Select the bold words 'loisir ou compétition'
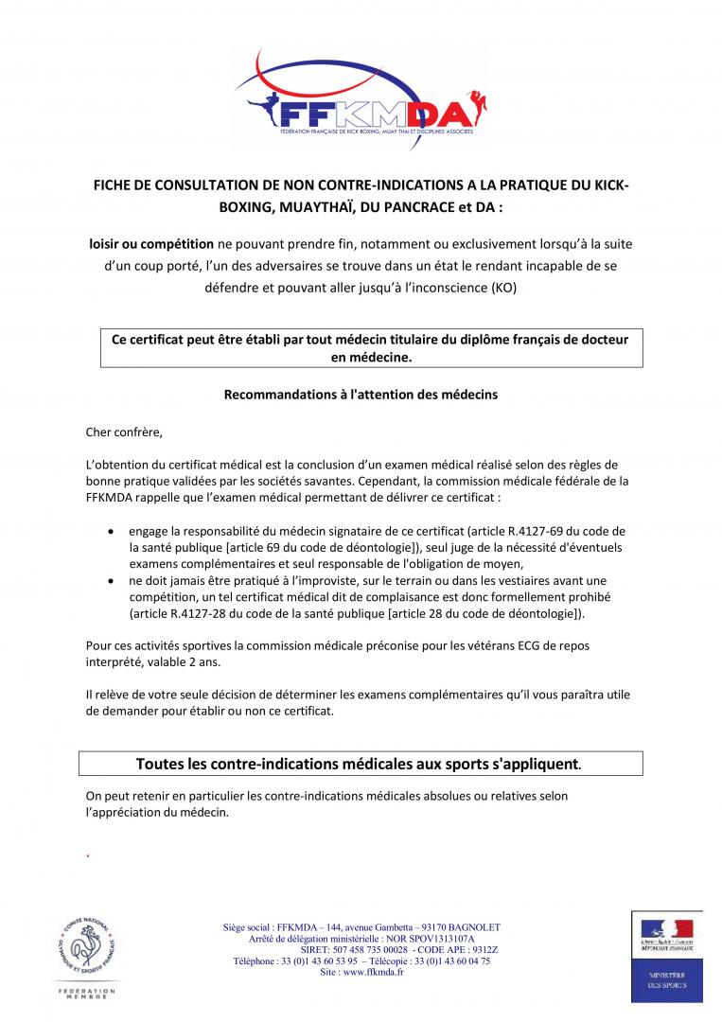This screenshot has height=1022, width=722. (x=151, y=244)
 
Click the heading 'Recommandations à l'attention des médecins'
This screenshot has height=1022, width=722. (x=361, y=394)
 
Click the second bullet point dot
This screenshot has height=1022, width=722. (x=114, y=580)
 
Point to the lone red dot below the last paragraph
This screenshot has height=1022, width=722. (x=87, y=855)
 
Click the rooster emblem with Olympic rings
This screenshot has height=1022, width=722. (x=88, y=947)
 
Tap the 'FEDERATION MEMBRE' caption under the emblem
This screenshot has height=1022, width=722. (x=88, y=994)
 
